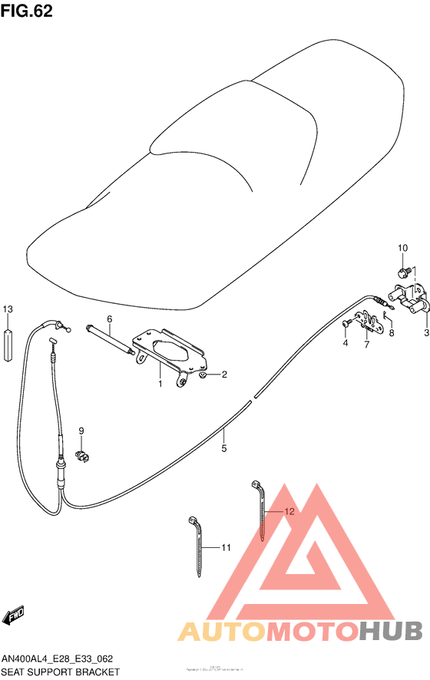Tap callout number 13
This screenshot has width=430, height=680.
(8, 309)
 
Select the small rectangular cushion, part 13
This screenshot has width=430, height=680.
(8, 344)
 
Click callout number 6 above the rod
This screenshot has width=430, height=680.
(109, 319)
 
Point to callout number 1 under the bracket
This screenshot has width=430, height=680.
(160, 384)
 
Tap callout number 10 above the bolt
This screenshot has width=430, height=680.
(402, 248)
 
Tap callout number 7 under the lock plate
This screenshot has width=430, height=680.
(366, 344)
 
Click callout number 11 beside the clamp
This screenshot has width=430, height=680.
(226, 547)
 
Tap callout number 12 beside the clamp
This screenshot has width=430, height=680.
(288, 511)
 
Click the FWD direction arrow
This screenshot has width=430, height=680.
(16, 616)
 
